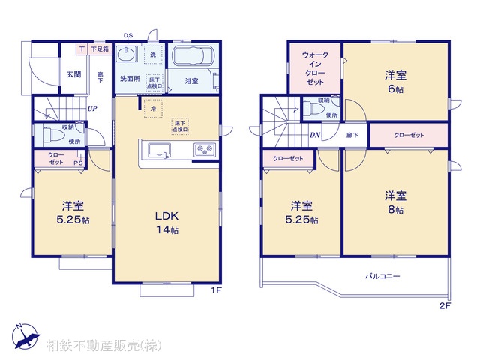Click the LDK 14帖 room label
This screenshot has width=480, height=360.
pos(166,223)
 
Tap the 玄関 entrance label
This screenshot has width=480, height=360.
pos(73,73)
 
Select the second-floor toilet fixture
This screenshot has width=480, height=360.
pos(314,110)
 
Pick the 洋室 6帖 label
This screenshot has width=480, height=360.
pos(395,80)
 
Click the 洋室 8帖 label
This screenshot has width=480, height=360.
pos(395,202)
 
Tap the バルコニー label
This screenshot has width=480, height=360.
pos(382,276)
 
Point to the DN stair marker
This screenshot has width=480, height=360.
pos(315,135)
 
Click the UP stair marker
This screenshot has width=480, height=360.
pos(91,109)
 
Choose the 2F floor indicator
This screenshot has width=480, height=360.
pos(444,306)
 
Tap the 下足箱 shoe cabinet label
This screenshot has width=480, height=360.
pos(99,49)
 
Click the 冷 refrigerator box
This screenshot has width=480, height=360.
pos(153,108)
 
